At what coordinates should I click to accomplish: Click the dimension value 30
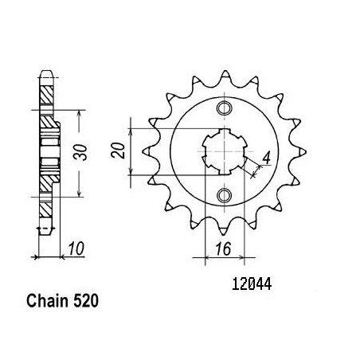coord(80,152)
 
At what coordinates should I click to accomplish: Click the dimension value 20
coord(119,151)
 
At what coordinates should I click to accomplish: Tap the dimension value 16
coord(223,249)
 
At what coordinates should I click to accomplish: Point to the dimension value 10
coord(76,248)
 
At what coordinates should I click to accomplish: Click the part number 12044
coord(252,284)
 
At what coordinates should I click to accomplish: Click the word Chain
coord(47,301)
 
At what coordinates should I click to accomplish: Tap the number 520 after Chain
coord(86,301)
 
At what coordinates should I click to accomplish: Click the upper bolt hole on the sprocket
coord(225,108)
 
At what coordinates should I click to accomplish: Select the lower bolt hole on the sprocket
coord(225,195)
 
